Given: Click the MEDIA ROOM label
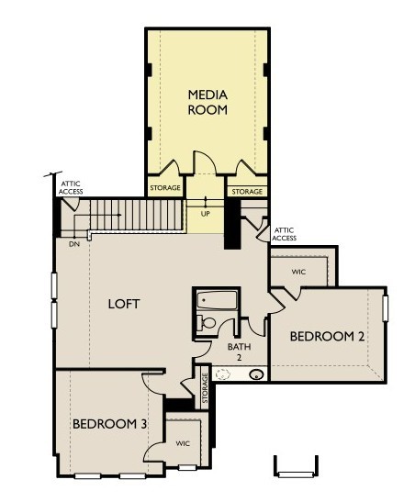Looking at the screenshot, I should tap(207, 102).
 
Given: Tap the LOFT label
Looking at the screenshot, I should tap(123, 304).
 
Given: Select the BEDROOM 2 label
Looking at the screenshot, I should tap(328, 337).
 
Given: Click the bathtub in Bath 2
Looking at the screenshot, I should tap(218, 300).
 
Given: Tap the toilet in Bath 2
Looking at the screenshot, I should tap(207, 322).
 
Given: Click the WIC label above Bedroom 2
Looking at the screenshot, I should tap(298, 273).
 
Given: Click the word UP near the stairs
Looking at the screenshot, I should tap(205, 214).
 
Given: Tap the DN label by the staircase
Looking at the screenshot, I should tap(73, 244).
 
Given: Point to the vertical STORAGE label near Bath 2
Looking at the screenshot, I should tap(205, 389).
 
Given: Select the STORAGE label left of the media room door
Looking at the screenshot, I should tap(166, 191).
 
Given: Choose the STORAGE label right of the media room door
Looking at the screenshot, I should tap(247, 191).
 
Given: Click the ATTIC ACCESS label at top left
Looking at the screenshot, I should tap(72, 188).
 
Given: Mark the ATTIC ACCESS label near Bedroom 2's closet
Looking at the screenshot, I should tap(285, 233).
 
